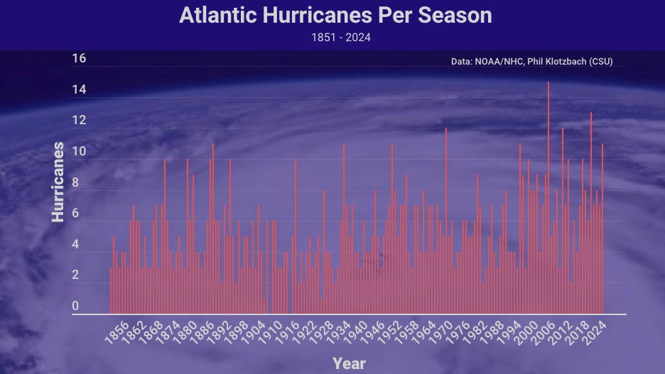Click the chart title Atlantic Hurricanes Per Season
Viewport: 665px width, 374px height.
click(x=335, y=16)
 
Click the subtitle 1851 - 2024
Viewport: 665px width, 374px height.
click(x=341, y=38)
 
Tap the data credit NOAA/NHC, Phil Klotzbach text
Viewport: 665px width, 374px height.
click(x=531, y=62)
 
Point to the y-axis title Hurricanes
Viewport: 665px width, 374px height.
click(x=58, y=182)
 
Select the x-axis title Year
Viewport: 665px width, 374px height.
click(x=349, y=363)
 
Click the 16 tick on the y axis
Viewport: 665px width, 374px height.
click(x=79, y=58)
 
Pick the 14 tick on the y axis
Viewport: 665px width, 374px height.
click(x=79, y=89)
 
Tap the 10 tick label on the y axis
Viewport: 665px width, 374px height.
click(x=79, y=151)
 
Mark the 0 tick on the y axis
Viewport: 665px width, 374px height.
click(x=75, y=306)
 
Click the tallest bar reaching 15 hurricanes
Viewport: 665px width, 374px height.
click(x=548, y=199)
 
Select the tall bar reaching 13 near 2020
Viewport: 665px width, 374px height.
click(x=591, y=213)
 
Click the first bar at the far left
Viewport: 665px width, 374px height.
click(x=111, y=290)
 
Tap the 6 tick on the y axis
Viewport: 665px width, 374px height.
click(x=75, y=213)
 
